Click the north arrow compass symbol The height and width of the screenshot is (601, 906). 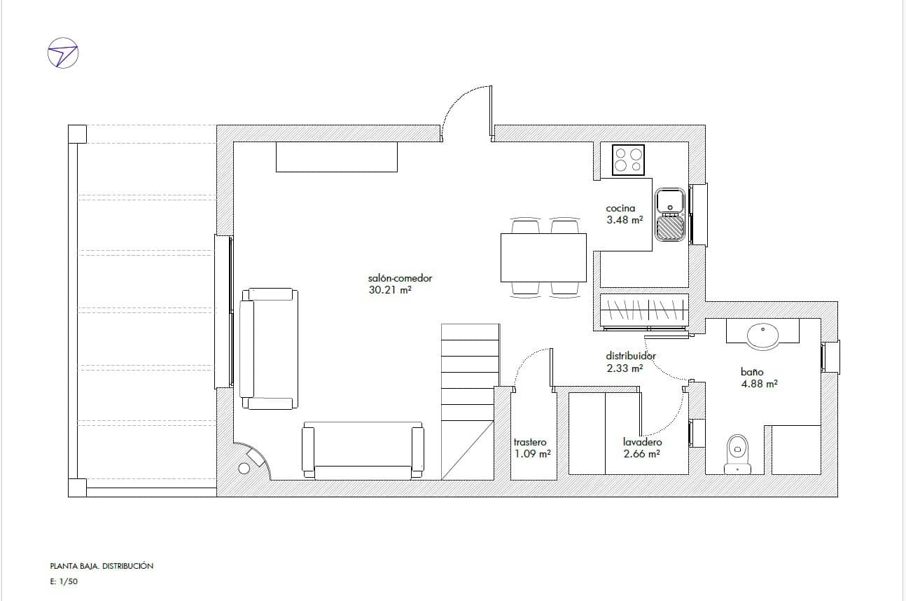coord(62,53)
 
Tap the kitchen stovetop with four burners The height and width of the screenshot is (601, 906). coord(628,159)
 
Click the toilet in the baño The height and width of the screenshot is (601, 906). coord(737,453)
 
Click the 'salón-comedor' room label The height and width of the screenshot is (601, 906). coord(395,278)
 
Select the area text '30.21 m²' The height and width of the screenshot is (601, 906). coord(389,289)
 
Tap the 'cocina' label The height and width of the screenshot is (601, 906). coord(620,208)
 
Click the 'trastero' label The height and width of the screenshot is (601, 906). coord(530,442)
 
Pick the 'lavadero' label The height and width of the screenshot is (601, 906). coord(642,442)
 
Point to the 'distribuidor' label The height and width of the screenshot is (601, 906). coord(631,356)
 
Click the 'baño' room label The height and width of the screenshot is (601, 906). coord(752,372)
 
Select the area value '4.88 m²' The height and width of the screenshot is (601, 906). coord(760,384)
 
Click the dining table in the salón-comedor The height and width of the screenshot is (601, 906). coord(543,257)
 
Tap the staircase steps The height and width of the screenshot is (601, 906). coord(471,371)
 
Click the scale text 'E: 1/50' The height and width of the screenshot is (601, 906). coord(64,581)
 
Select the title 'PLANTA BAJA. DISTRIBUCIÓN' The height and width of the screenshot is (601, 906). coord(102,566)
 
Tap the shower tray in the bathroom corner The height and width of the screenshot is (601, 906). coord(796,450)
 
